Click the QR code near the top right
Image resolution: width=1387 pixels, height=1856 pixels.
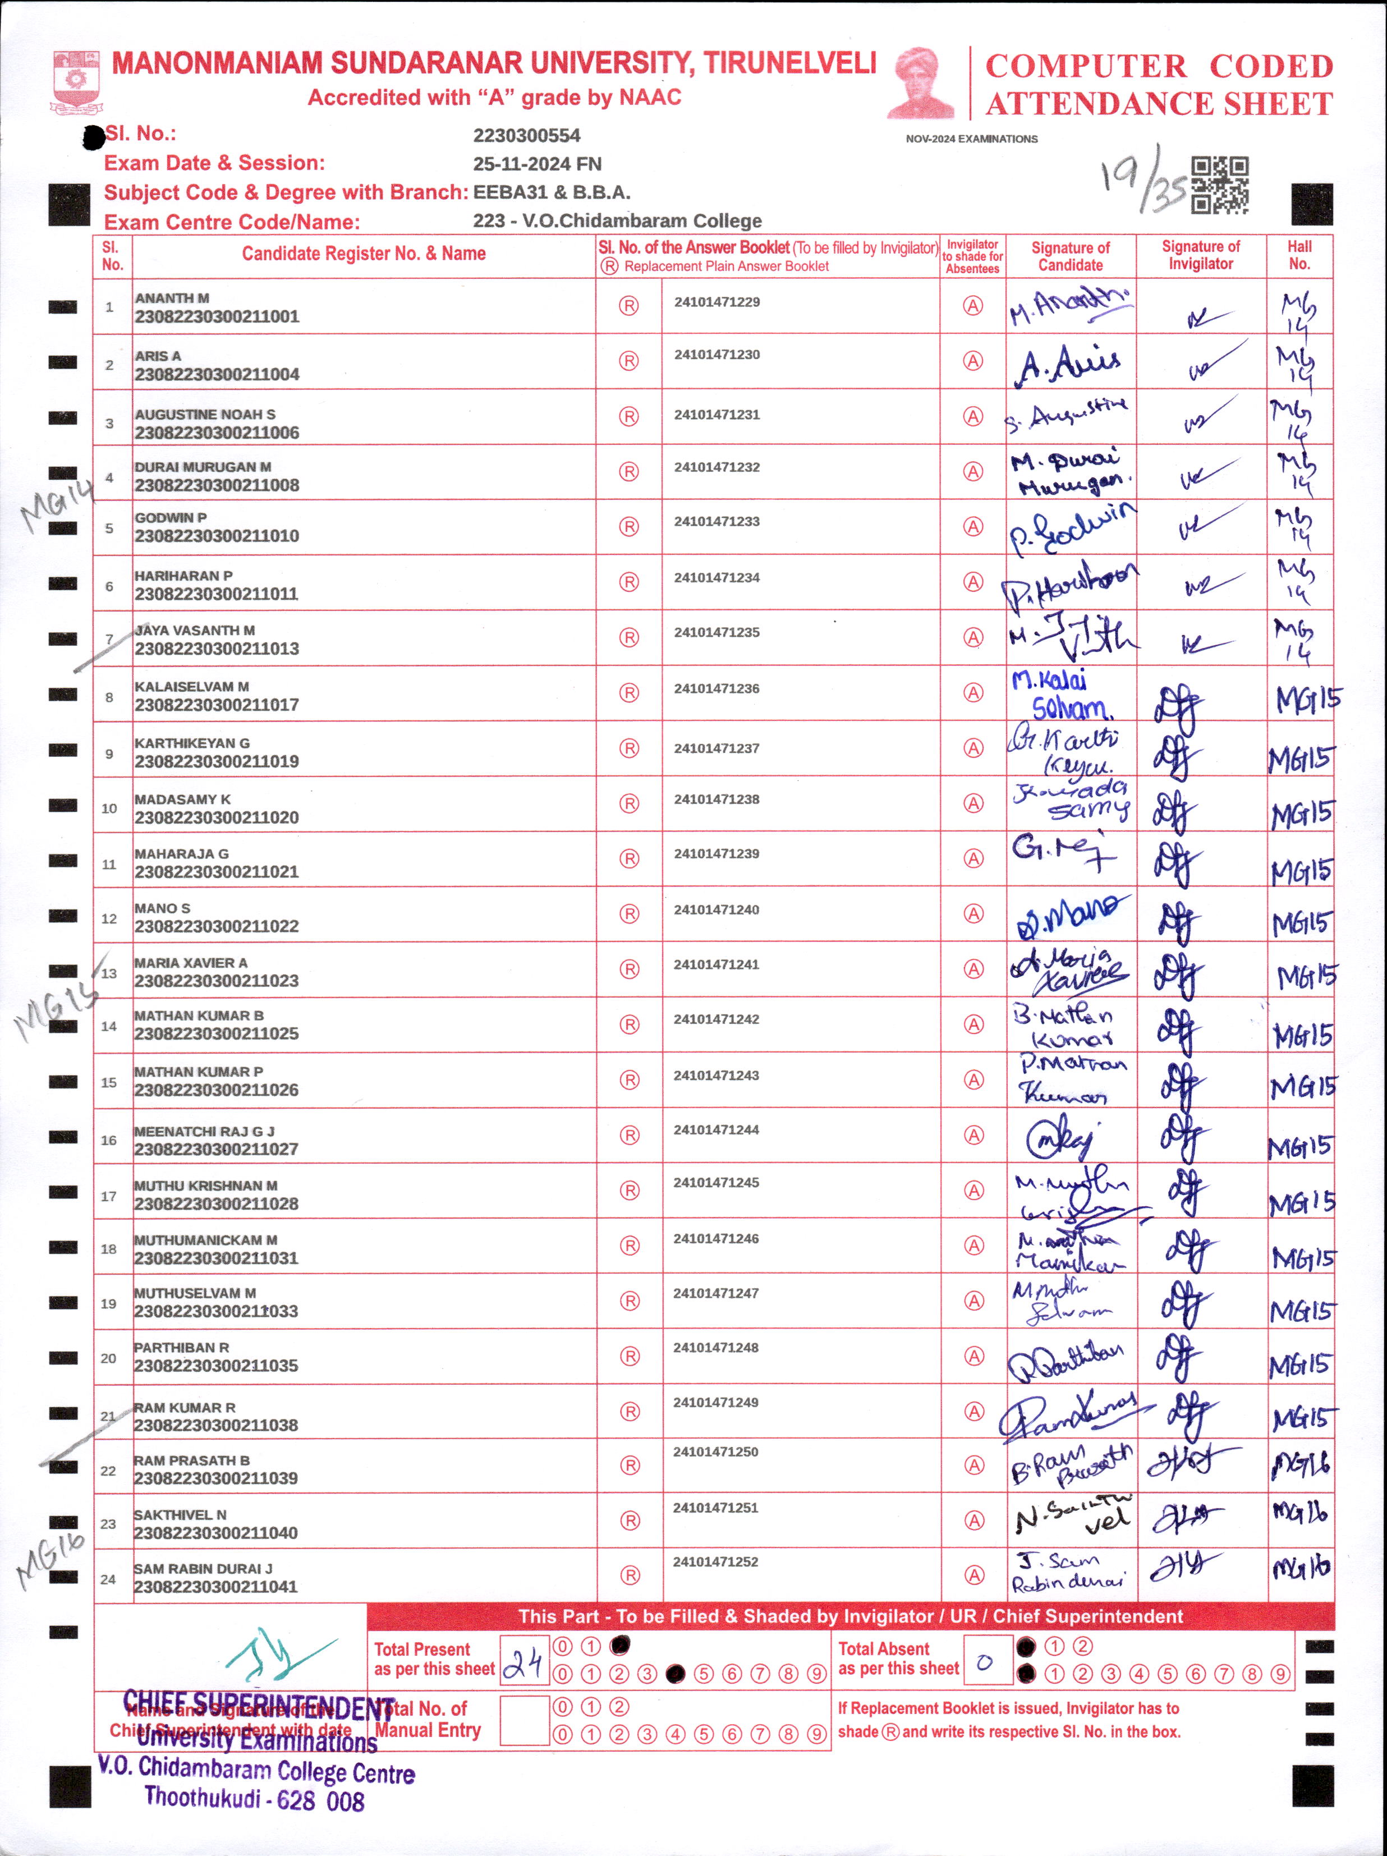[x=1219, y=185]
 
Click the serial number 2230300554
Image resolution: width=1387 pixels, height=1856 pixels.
[x=526, y=136]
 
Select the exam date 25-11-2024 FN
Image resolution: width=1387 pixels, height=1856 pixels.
[x=537, y=164]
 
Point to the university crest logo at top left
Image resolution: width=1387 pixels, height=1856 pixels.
[x=76, y=81]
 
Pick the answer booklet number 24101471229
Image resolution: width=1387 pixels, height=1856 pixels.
[x=717, y=302]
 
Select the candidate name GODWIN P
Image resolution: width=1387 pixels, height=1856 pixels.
[x=171, y=518]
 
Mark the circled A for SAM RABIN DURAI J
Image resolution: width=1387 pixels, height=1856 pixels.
[x=973, y=1576]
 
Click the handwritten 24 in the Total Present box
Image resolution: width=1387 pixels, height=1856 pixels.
[x=523, y=1662]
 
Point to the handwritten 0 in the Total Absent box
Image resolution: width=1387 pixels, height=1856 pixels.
[x=985, y=1661]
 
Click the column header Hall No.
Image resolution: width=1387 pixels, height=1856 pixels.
[x=1299, y=255]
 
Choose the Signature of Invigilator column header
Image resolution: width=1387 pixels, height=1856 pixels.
[x=1201, y=255]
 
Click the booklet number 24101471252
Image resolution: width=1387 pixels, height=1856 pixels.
[x=715, y=1561]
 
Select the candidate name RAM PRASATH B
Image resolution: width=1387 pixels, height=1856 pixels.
[x=191, y=1461]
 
